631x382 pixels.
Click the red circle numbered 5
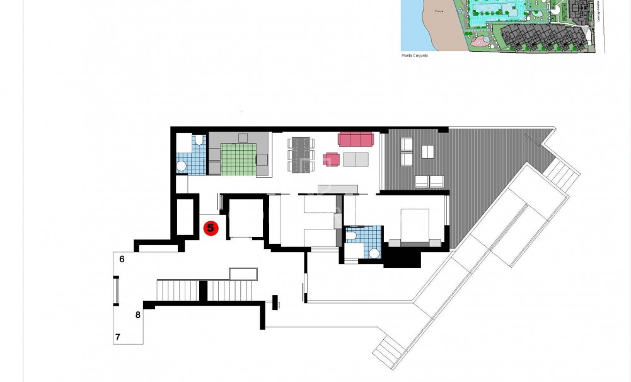(x=211, y=228)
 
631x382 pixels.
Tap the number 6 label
(x=122, y=259)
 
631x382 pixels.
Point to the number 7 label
(x=118, y=338)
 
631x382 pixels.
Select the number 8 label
(x=137, y=314)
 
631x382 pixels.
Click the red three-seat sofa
(x=356, y=138)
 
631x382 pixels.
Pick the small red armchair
(x=331, y=159)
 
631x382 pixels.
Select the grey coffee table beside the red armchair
(x=357, y=159)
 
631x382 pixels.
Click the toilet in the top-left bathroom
(x=197, y=140)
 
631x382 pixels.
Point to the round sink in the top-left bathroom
(x=182, y=166)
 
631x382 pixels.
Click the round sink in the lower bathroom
(x=374, y=253)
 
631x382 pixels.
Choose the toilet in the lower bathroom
(x=353, y=236)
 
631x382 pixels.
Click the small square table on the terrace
(x=427, y=151)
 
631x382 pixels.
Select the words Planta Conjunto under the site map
(x=414, y=55)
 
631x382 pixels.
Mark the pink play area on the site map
(x=480, y=42)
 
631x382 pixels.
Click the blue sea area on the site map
(x=410, y=25)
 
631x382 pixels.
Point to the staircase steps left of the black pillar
(x=178, y=291)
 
